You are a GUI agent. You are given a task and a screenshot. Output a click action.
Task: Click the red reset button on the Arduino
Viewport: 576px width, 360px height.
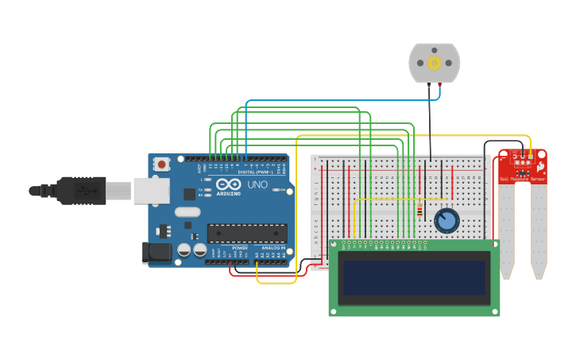tap(162, 165)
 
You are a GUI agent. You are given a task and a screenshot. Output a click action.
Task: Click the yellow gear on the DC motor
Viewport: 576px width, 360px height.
tap(434, 63)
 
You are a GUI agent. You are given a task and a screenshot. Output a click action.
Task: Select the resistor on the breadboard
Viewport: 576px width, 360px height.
tap(419, 211)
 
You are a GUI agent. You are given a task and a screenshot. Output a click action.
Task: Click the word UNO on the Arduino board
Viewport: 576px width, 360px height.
tap(257, 184)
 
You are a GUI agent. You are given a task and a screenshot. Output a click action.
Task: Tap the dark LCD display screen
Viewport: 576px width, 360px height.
tap(414, 277)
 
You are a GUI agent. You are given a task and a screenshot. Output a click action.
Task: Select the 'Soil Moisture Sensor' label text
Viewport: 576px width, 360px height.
tap(522, 180)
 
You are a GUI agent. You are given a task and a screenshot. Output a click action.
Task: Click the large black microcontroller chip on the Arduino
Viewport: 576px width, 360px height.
tap(247, 233)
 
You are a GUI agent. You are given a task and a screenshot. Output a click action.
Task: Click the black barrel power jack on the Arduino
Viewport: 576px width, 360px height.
tap(157, 253)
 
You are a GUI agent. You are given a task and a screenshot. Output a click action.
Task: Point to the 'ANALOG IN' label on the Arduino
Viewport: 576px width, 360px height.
tap(273, 247)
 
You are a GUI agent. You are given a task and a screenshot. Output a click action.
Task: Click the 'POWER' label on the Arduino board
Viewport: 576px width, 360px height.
tap(240, 247)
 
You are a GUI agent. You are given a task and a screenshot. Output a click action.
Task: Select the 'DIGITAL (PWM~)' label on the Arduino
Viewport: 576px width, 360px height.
tap(255, 172)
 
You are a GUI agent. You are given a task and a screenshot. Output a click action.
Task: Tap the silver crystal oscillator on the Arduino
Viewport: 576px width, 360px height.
tap(187, 212)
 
